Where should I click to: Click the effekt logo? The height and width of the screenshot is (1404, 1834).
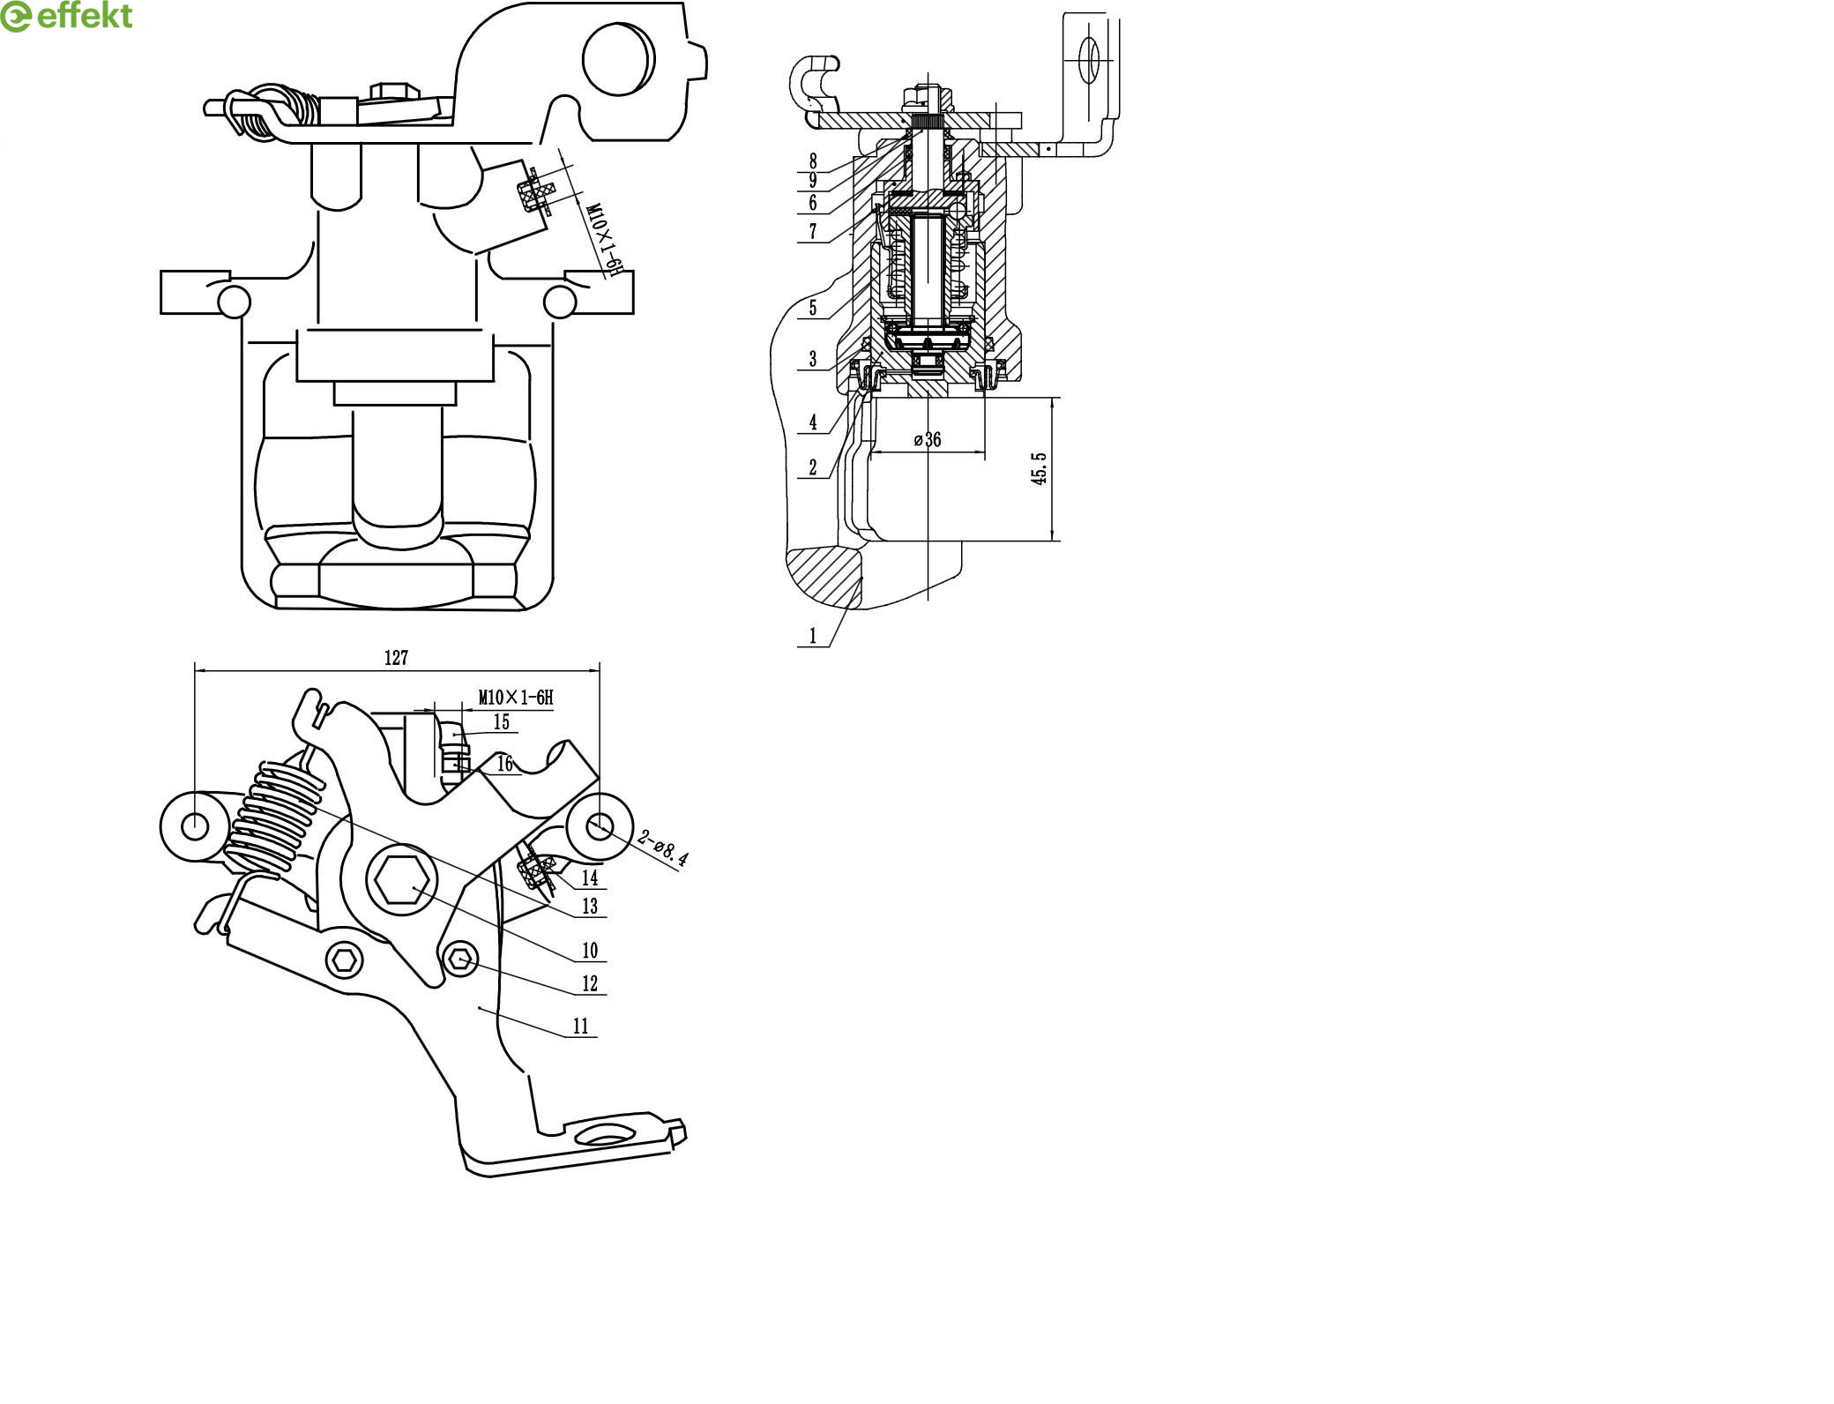67,17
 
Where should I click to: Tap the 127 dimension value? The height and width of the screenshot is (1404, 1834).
396,658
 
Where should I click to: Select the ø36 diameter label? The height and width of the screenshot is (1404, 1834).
927,439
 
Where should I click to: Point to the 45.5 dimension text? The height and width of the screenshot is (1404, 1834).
1040,468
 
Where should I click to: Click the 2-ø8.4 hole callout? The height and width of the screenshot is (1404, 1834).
663,848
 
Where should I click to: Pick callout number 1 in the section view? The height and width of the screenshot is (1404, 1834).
813,635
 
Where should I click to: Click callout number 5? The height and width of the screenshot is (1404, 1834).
813,308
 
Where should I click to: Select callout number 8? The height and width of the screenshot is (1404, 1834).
813,161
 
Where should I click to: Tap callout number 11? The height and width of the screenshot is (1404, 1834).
580,1026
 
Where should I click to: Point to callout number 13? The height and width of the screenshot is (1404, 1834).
590,906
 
